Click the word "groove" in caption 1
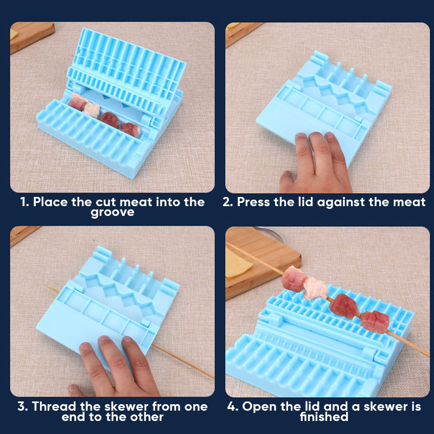(112, 213)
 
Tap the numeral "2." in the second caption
(228, 202)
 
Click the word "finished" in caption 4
(324, 417)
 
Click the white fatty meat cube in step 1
(92, 110)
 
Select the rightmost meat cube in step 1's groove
(130, 130)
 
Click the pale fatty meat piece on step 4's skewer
(316, 289)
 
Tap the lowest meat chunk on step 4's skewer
(374, 322)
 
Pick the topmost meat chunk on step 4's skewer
(293, 278)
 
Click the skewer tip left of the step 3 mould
(46, 287)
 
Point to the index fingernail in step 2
(301, 136)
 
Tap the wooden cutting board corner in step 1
(32, 36)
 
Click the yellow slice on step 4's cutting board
(237, 262)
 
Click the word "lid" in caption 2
(307, 202)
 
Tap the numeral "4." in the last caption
(233, 407)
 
